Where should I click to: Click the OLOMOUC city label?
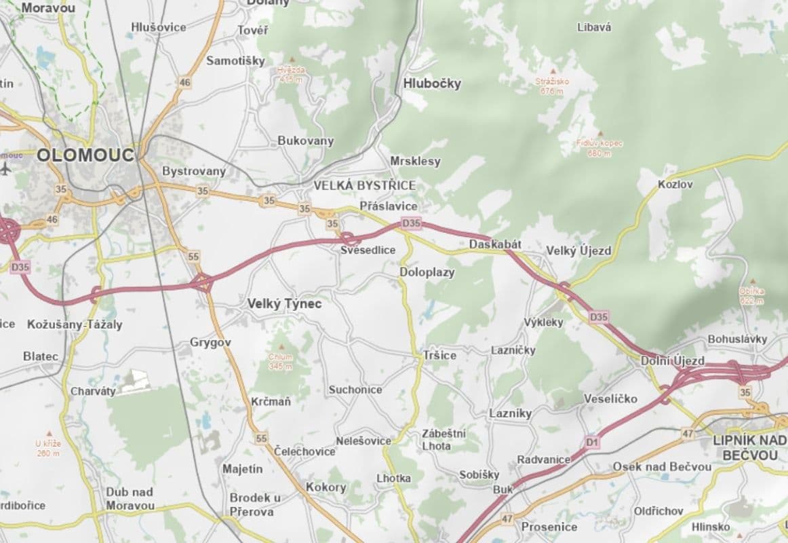[x=85, y=154]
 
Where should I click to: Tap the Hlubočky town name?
[x=432, y=83]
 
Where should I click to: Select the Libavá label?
[x=594, y=28]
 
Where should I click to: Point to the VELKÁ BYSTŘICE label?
[x=364, y=185]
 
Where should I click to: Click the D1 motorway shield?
[x=592, y=443]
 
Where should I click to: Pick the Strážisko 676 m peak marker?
[x=553, y=71]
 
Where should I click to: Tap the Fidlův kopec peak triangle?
[x=599, y=133]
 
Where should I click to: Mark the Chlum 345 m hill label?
[x=280, y=361]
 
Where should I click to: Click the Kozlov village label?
[x=675, y=185]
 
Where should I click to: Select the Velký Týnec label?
[x=284, y=304]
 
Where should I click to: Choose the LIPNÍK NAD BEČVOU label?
[x=750, y=447]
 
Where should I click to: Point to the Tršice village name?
[x=439, y=355]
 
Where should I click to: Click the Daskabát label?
[x=495, y=244]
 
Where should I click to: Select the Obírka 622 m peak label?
[x=752, y=295]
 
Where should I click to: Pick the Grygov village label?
[x=210, y=343]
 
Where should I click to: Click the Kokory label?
[x=326, y=487]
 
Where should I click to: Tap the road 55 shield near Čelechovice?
[x=262, y=438]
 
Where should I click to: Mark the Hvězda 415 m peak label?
[x=291, y=74]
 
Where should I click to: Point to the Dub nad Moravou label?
[x=130, y=498]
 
